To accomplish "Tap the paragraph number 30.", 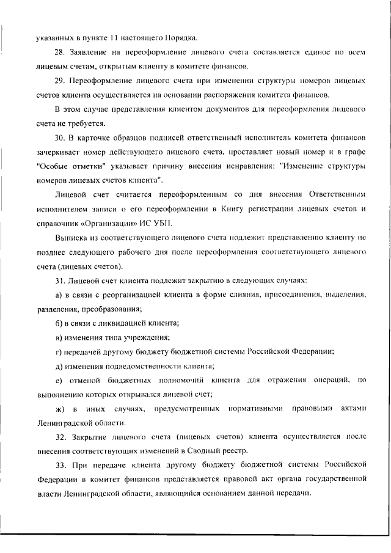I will tap(60, 138).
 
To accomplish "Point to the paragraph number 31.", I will tap(60, 280).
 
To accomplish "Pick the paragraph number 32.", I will tap(60, 438).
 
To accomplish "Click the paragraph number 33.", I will tap(60, 466).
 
